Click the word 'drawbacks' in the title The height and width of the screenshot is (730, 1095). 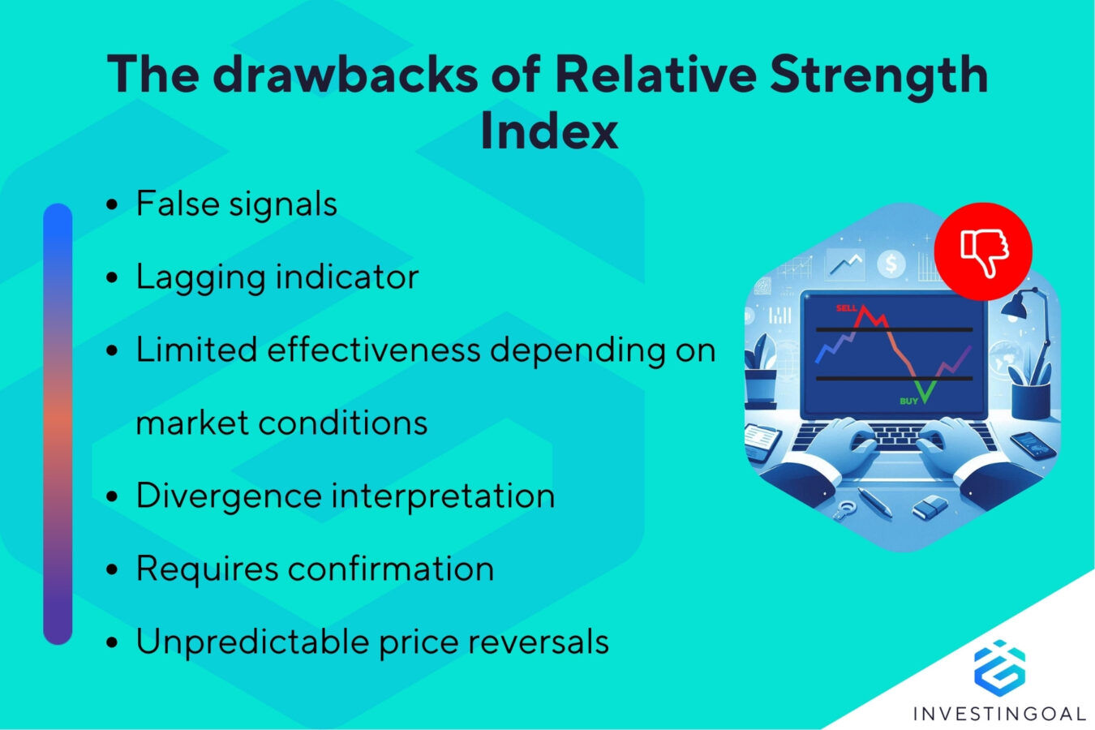(x=345, y=75)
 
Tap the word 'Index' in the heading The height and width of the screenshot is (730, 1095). (x=549, y=131)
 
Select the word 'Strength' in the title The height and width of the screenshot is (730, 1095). (x=878, y=75)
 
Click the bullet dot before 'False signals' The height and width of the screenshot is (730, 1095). (x=113, y=205)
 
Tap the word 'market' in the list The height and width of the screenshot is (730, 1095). (x=191, y=423)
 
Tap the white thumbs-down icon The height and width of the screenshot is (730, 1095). (x=983, y=251)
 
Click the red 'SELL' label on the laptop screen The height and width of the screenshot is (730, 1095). (x=846, y=308)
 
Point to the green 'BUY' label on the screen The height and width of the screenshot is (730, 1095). (x=908, y=401)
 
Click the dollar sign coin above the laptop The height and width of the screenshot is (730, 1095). (x=891, y=264)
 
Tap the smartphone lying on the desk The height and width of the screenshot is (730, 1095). (x=1033, y=444)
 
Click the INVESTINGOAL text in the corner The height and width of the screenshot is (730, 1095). (x=999, y=714)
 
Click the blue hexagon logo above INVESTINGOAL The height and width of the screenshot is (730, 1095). (x=999, y=667)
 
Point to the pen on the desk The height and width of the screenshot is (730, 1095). (x=874, y=501)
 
